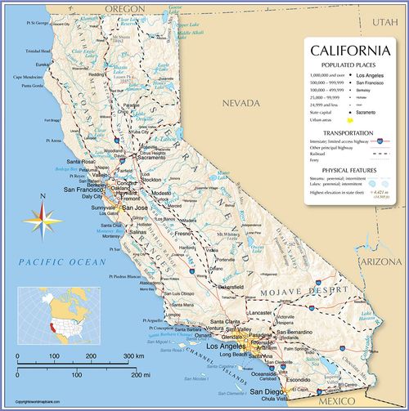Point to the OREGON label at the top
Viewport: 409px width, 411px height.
tap(124, 8)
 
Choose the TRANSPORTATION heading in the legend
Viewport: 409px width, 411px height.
tap(348, 132)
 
